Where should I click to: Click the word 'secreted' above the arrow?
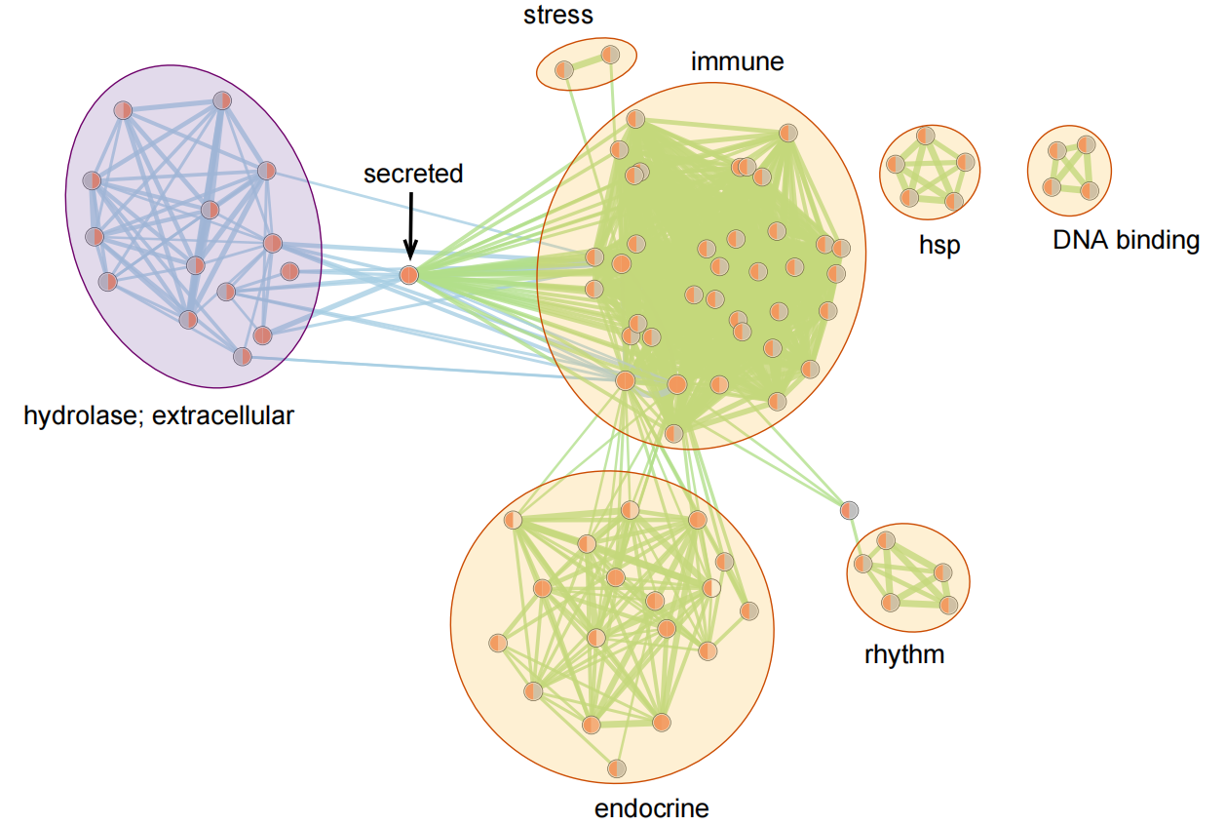413,174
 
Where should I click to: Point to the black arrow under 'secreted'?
411,223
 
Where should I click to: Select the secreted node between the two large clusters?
409,275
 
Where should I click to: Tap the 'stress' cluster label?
557,15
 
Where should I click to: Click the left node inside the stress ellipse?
564,69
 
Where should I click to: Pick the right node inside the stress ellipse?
610,54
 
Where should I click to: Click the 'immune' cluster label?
737,61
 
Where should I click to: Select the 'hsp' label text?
939,245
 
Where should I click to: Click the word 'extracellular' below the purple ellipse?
223,416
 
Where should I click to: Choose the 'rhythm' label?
904,653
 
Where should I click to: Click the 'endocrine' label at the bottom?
651,807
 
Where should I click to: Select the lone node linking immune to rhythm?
850,509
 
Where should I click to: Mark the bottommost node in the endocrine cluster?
616,768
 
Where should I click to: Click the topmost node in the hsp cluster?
926,135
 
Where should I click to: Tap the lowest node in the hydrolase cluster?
243,356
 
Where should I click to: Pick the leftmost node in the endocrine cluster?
497,643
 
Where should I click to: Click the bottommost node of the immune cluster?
673,432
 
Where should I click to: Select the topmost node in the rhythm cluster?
886,540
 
